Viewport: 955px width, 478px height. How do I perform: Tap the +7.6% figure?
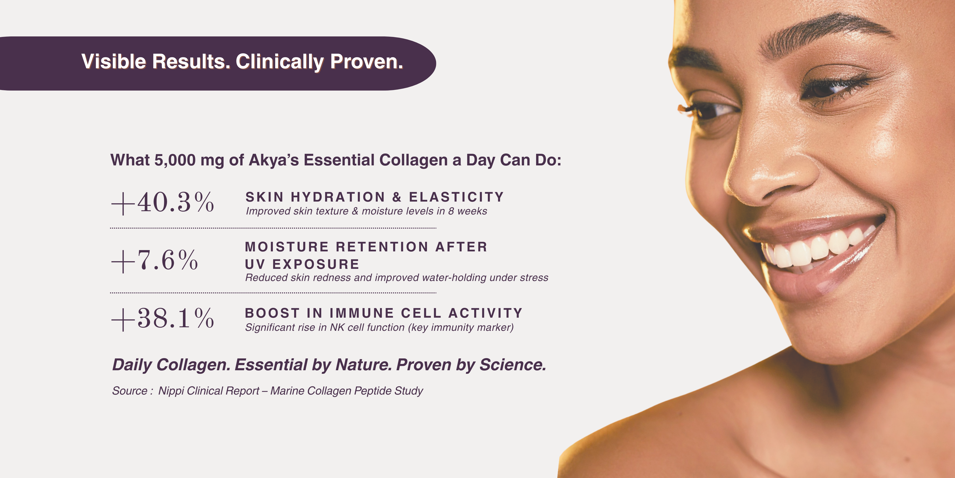[155, 260]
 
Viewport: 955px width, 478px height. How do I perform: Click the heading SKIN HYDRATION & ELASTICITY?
[374, 197]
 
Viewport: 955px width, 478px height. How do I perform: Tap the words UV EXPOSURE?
[302, 264]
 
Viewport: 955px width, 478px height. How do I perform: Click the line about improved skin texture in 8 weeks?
[366, 211]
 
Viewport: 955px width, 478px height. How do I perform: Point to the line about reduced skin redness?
[397, 278]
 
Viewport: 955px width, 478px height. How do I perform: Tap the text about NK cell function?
[379, 327]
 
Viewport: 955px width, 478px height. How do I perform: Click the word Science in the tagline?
[513, 364]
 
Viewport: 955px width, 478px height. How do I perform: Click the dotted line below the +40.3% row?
[273, 228]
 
